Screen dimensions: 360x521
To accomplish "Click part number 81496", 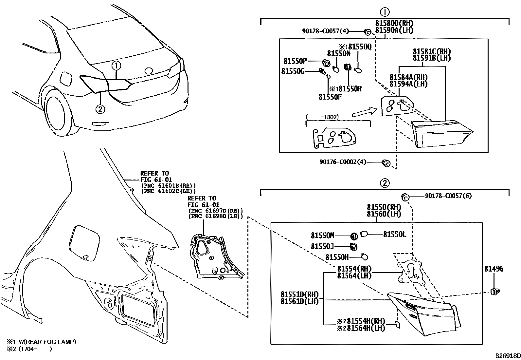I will [494, 269].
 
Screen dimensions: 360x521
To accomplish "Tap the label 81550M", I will [322, 235].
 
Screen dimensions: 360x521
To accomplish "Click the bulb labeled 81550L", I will [364, 234].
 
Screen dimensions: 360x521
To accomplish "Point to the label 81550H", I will [337, 257].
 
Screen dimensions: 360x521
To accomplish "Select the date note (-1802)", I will [322, 117].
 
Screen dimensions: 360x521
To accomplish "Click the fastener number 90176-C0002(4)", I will [343, 162].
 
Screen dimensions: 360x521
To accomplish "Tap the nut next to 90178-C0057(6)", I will [405, 197].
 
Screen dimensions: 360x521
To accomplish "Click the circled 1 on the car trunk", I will [116, 66].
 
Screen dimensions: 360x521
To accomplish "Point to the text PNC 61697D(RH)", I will [215, 211].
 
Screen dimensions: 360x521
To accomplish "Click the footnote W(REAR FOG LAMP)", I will [43, 342].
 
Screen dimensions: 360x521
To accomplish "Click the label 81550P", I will [295, 61].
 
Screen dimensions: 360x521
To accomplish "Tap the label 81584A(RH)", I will [408, 77].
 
